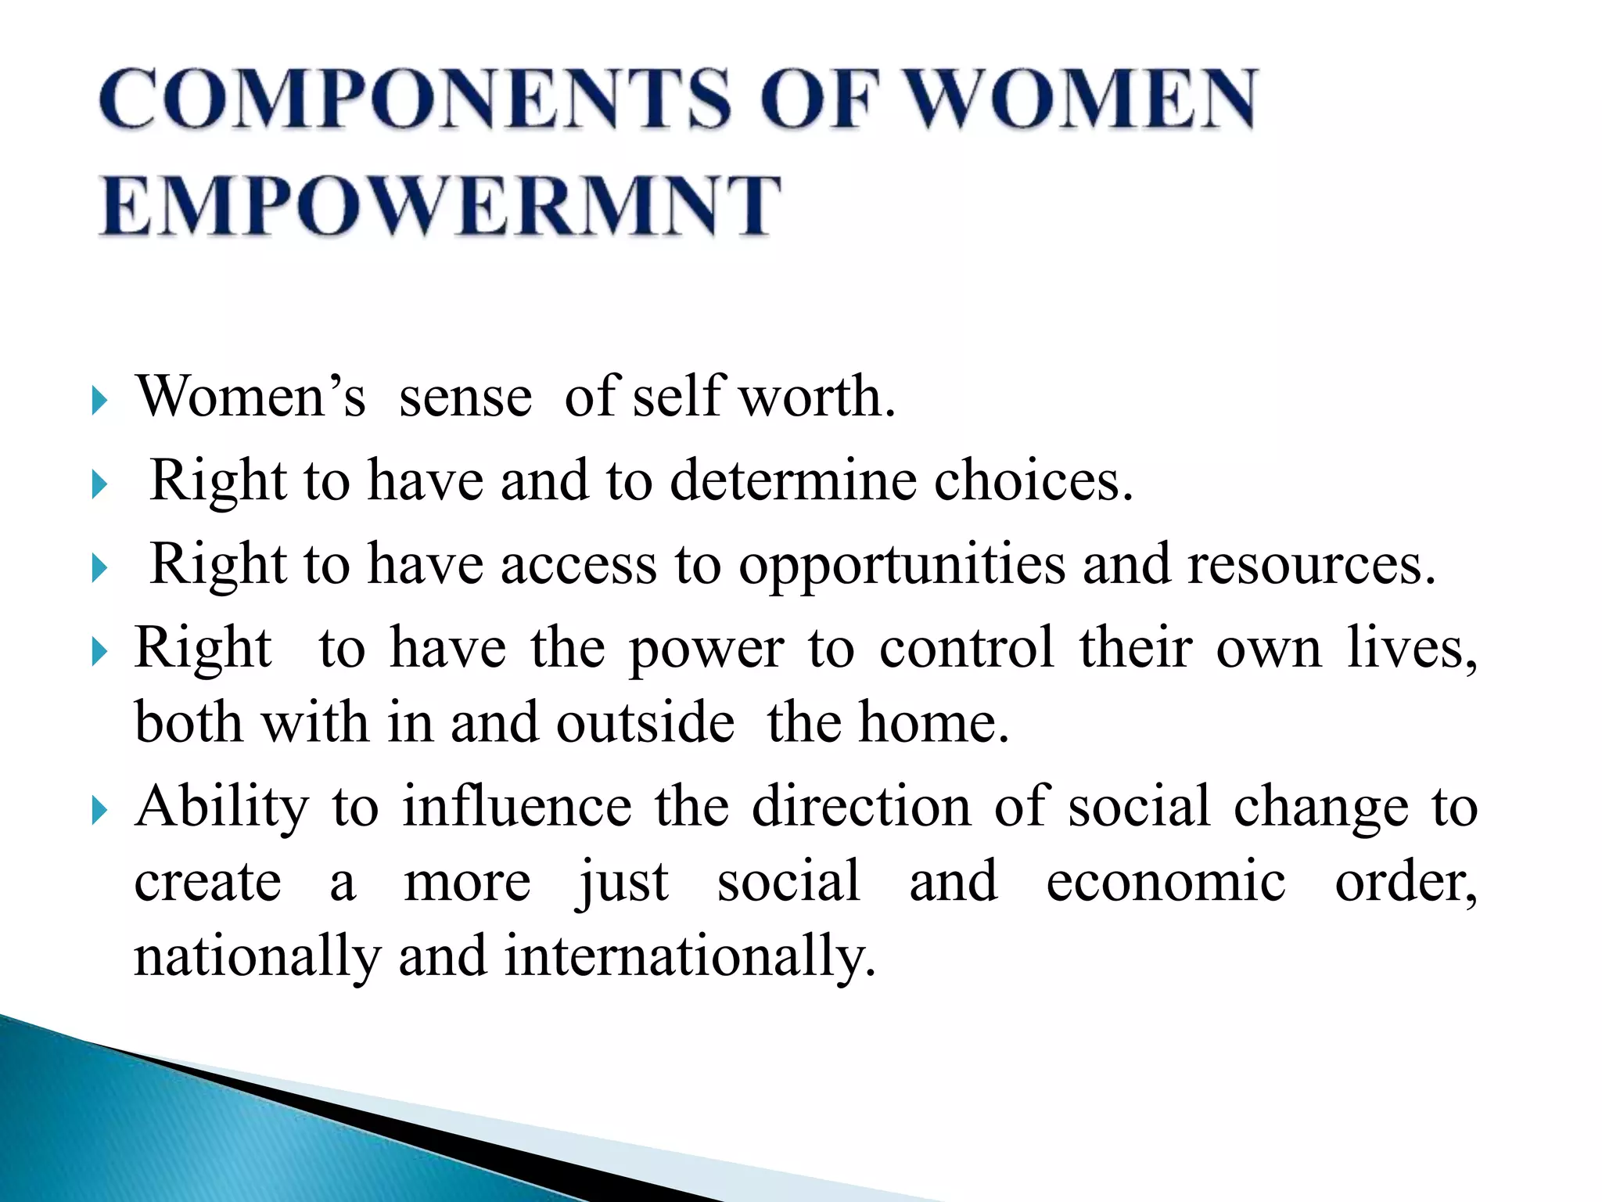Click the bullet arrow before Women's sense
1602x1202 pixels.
(x=99, y=401)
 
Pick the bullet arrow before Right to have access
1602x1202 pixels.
(x=99, y=568)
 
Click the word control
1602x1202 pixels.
(x=966, y=648)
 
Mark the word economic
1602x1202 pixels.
(x=1166, y=881)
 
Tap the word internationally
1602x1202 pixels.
(x=688, y=956)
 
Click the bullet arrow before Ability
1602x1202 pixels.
(x=99, y=811)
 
